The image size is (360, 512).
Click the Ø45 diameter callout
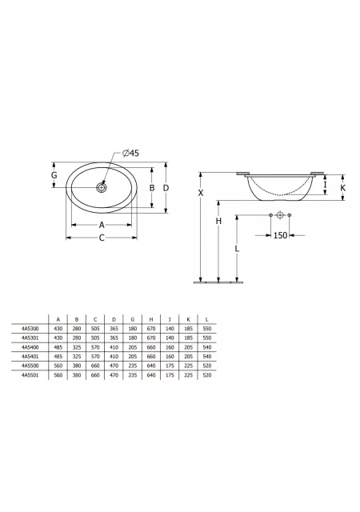tap(130, 153)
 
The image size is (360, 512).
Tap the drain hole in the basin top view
tap(102, 187)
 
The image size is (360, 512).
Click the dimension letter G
tap(54, 175)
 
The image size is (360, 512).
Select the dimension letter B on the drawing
tap(152, 188)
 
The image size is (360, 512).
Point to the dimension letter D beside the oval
tap(166, 188)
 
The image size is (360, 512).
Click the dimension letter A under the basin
tap(102, 225)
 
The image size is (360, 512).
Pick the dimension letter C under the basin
tap(102, 238)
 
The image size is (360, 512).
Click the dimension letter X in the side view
tap(201, 193)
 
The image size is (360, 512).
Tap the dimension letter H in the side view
tap(218, 221)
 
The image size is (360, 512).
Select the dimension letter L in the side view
tap(237, 249)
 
